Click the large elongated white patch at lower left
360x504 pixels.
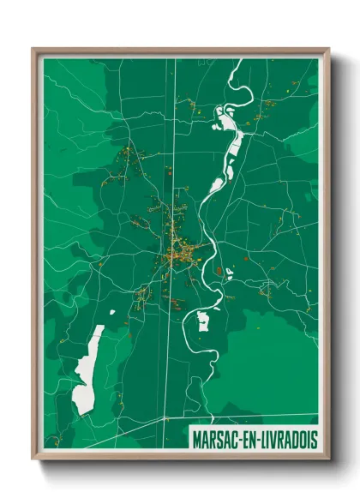pos(88,369)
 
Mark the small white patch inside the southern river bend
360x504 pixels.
pos(203,321)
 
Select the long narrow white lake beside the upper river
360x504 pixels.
pos(230,137)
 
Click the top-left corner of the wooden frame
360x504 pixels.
pos(33,50)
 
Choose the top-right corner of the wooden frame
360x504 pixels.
pos(328,50)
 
